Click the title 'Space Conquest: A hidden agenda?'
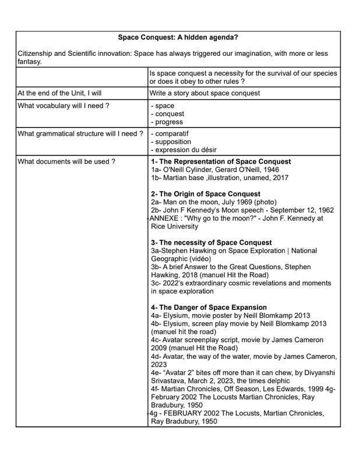[178, 37]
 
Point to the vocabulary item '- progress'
[167, 122]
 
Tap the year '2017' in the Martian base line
[278, 178]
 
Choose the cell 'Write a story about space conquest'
[204, 93]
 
